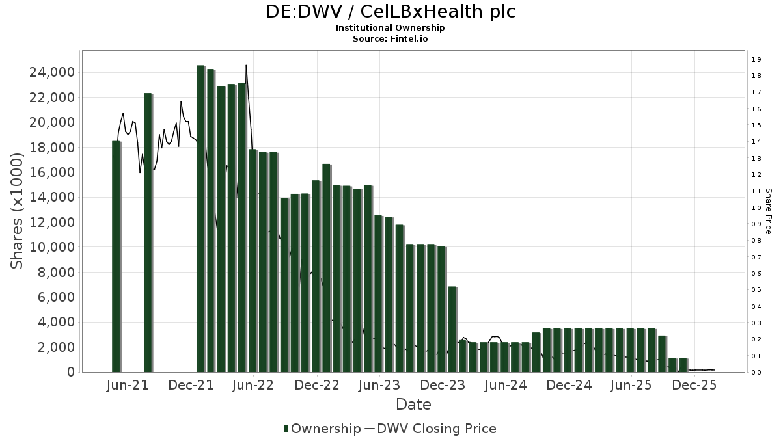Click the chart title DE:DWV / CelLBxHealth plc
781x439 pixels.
(x=390, y=12)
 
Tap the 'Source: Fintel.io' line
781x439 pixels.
(x=390, y=38)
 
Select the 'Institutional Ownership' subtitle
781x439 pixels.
(x=390, y=28)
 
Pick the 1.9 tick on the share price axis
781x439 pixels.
(x=756, y=60)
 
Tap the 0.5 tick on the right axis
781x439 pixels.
(x=756, y=290)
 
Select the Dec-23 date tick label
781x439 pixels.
(x=443, y=385)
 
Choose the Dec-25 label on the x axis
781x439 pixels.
(x=694, y=385)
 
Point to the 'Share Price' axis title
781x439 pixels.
(x=768, y=211)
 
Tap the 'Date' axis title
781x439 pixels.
(x=413, y=405)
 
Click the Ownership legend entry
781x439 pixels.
(x=322, y=429)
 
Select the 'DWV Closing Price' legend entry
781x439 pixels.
(x=439, y=429)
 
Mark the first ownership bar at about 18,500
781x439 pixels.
(x=116, y=257)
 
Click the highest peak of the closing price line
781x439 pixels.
(x=246, y=66)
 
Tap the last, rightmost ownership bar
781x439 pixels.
(x=683, y=365)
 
